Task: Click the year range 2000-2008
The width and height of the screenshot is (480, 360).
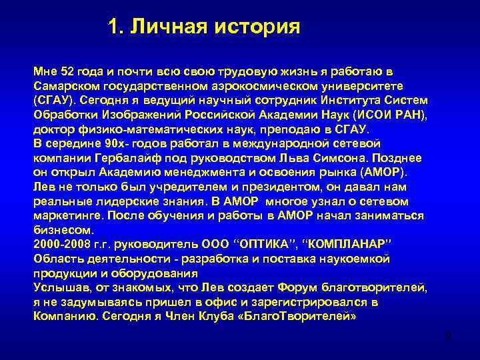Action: click(x=58, y=244)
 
